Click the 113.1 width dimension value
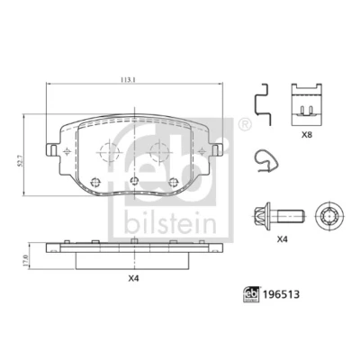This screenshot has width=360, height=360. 128,80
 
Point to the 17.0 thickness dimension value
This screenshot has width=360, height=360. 25,261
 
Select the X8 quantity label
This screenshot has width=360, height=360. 307,135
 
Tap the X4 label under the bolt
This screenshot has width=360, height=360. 283,239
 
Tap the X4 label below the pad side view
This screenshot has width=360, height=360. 134,279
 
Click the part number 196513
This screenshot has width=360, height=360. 281,294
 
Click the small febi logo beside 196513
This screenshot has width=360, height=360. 251,294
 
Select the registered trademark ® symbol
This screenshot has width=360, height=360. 245,125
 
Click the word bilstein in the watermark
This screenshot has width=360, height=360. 170,222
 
